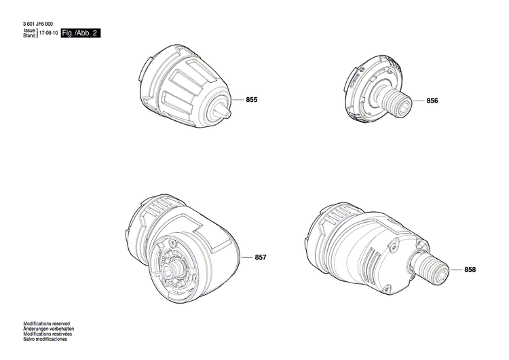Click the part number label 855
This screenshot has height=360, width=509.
click(x=252, y=100)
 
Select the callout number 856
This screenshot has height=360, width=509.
click(x=432, y=101)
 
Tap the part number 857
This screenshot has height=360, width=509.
click(x=261, y=257)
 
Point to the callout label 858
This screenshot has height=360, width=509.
click(x=470, y=270)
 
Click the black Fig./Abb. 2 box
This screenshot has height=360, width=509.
click(x=80, y=33)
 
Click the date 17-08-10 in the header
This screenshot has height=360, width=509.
click(x=48, y=33)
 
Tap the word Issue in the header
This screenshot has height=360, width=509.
click(x=29, y=31)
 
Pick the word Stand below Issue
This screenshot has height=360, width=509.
click(x=29, y=36)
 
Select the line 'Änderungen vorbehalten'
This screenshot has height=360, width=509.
click(x=48, y=329)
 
